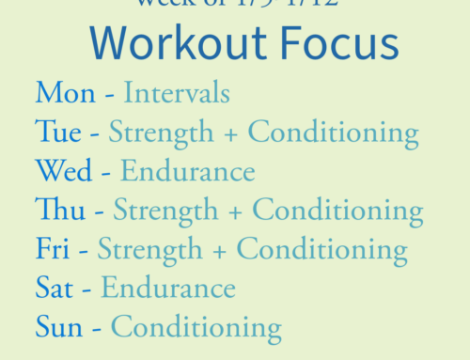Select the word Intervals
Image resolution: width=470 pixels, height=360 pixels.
(177, 94)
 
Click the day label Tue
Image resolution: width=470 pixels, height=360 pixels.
(58, 133)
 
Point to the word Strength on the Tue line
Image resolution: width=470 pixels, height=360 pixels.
(161, 133)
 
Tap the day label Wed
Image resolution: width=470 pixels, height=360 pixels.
(63, 171)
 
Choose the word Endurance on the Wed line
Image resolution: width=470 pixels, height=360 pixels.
(188, 172)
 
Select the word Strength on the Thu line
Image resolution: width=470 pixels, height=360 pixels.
(165, 211)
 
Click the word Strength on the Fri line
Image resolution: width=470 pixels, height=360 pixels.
(149, 250)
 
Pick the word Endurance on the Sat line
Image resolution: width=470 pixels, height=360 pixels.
(168, 289)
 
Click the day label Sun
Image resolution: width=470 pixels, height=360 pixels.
(59, 327)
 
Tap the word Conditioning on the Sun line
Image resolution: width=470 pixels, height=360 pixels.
(196, 328)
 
